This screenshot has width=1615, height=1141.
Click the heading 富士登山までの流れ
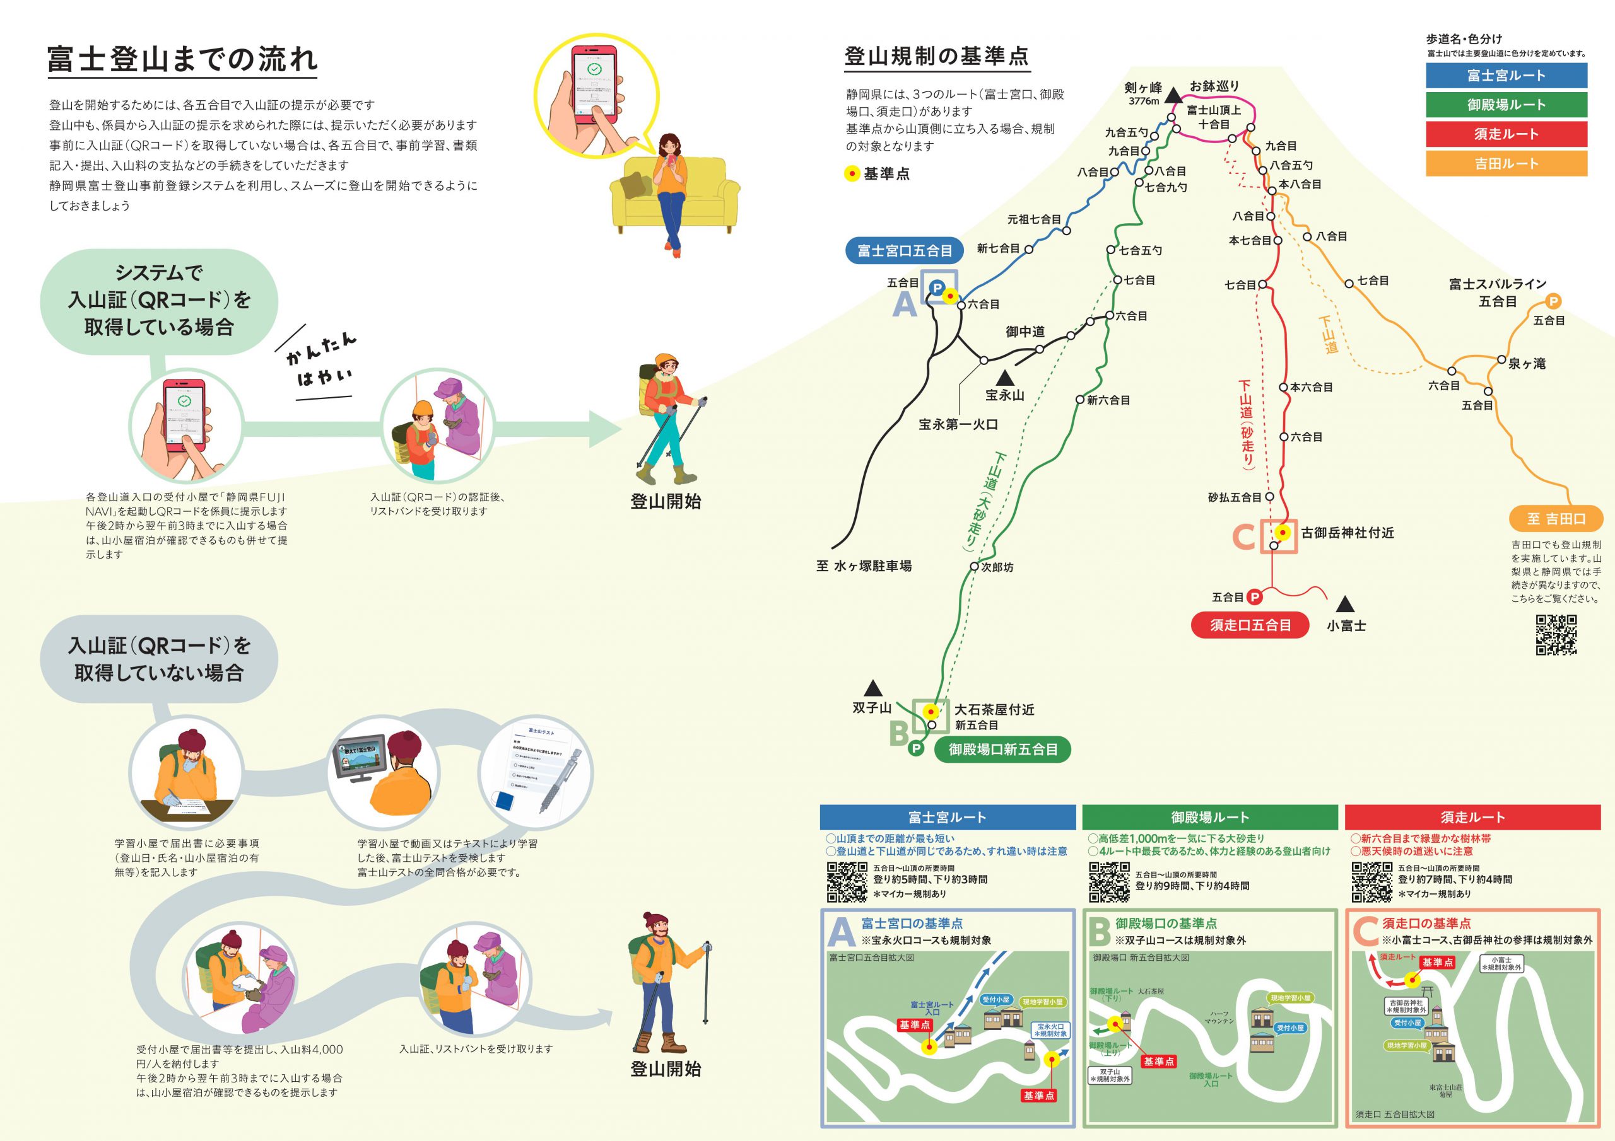182,59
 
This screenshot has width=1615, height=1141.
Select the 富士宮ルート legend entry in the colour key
1506,75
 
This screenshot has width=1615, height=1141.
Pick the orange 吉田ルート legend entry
1506,164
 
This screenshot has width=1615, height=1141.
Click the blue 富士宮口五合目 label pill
904,250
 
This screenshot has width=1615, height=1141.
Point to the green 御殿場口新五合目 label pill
1002,750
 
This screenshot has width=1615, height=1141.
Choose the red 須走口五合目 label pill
1250,625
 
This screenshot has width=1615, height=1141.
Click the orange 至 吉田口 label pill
1556,519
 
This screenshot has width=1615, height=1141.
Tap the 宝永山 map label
1004,395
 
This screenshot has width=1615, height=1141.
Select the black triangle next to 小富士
1345,604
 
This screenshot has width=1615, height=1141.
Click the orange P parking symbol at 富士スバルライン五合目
1553,301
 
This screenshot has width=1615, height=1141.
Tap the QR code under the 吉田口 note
1556,635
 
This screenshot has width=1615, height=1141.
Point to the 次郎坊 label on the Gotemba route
997,567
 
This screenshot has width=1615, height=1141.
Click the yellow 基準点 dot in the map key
852,173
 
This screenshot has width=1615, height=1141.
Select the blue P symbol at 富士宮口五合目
936,287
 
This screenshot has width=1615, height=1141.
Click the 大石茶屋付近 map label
994,709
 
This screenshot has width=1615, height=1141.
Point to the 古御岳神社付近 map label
1347,532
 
